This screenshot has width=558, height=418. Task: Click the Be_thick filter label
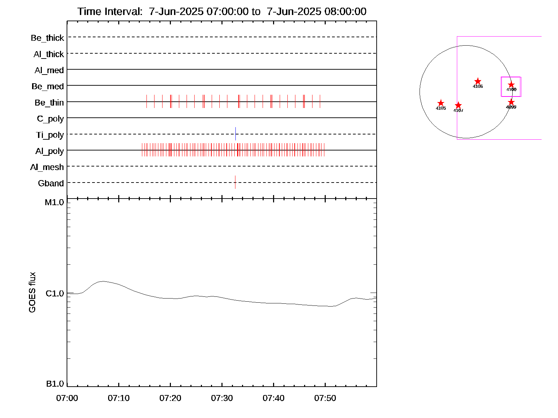click(x=47, y=38)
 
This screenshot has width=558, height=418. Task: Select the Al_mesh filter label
click(x=47, y=167)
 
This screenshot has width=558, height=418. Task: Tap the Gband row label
click(x=51, y=183)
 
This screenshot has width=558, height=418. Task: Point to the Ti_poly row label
click(x=50, y=135)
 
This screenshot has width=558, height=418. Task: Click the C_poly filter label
click(x=50, y=119)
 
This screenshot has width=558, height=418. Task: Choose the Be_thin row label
click(x=49, y=103)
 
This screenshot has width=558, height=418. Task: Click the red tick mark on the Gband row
click(x=235, y=182)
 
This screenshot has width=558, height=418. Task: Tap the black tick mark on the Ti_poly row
click(x=235, y=134)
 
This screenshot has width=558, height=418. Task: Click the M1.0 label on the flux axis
click(x=54, y=202)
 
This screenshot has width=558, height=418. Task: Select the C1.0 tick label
click(x=55, y=294)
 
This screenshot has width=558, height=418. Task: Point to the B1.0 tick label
click(x=55, y=384)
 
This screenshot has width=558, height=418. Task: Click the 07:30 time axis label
click(x=222, y=398)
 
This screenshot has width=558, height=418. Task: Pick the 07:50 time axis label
click(x=325, y=398)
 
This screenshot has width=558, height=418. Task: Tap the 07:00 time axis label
click(x=67, y=398)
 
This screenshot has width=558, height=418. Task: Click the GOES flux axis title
click(x=32, y=292)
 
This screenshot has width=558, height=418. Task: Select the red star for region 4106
click(x=478, y=81)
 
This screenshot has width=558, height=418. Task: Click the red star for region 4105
click(x=441, y=103)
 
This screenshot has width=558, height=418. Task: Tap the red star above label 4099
click(x=511, y=102)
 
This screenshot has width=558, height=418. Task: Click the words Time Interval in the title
click(x=110, y=11)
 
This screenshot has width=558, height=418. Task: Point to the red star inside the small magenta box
click(x=511, y=85)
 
